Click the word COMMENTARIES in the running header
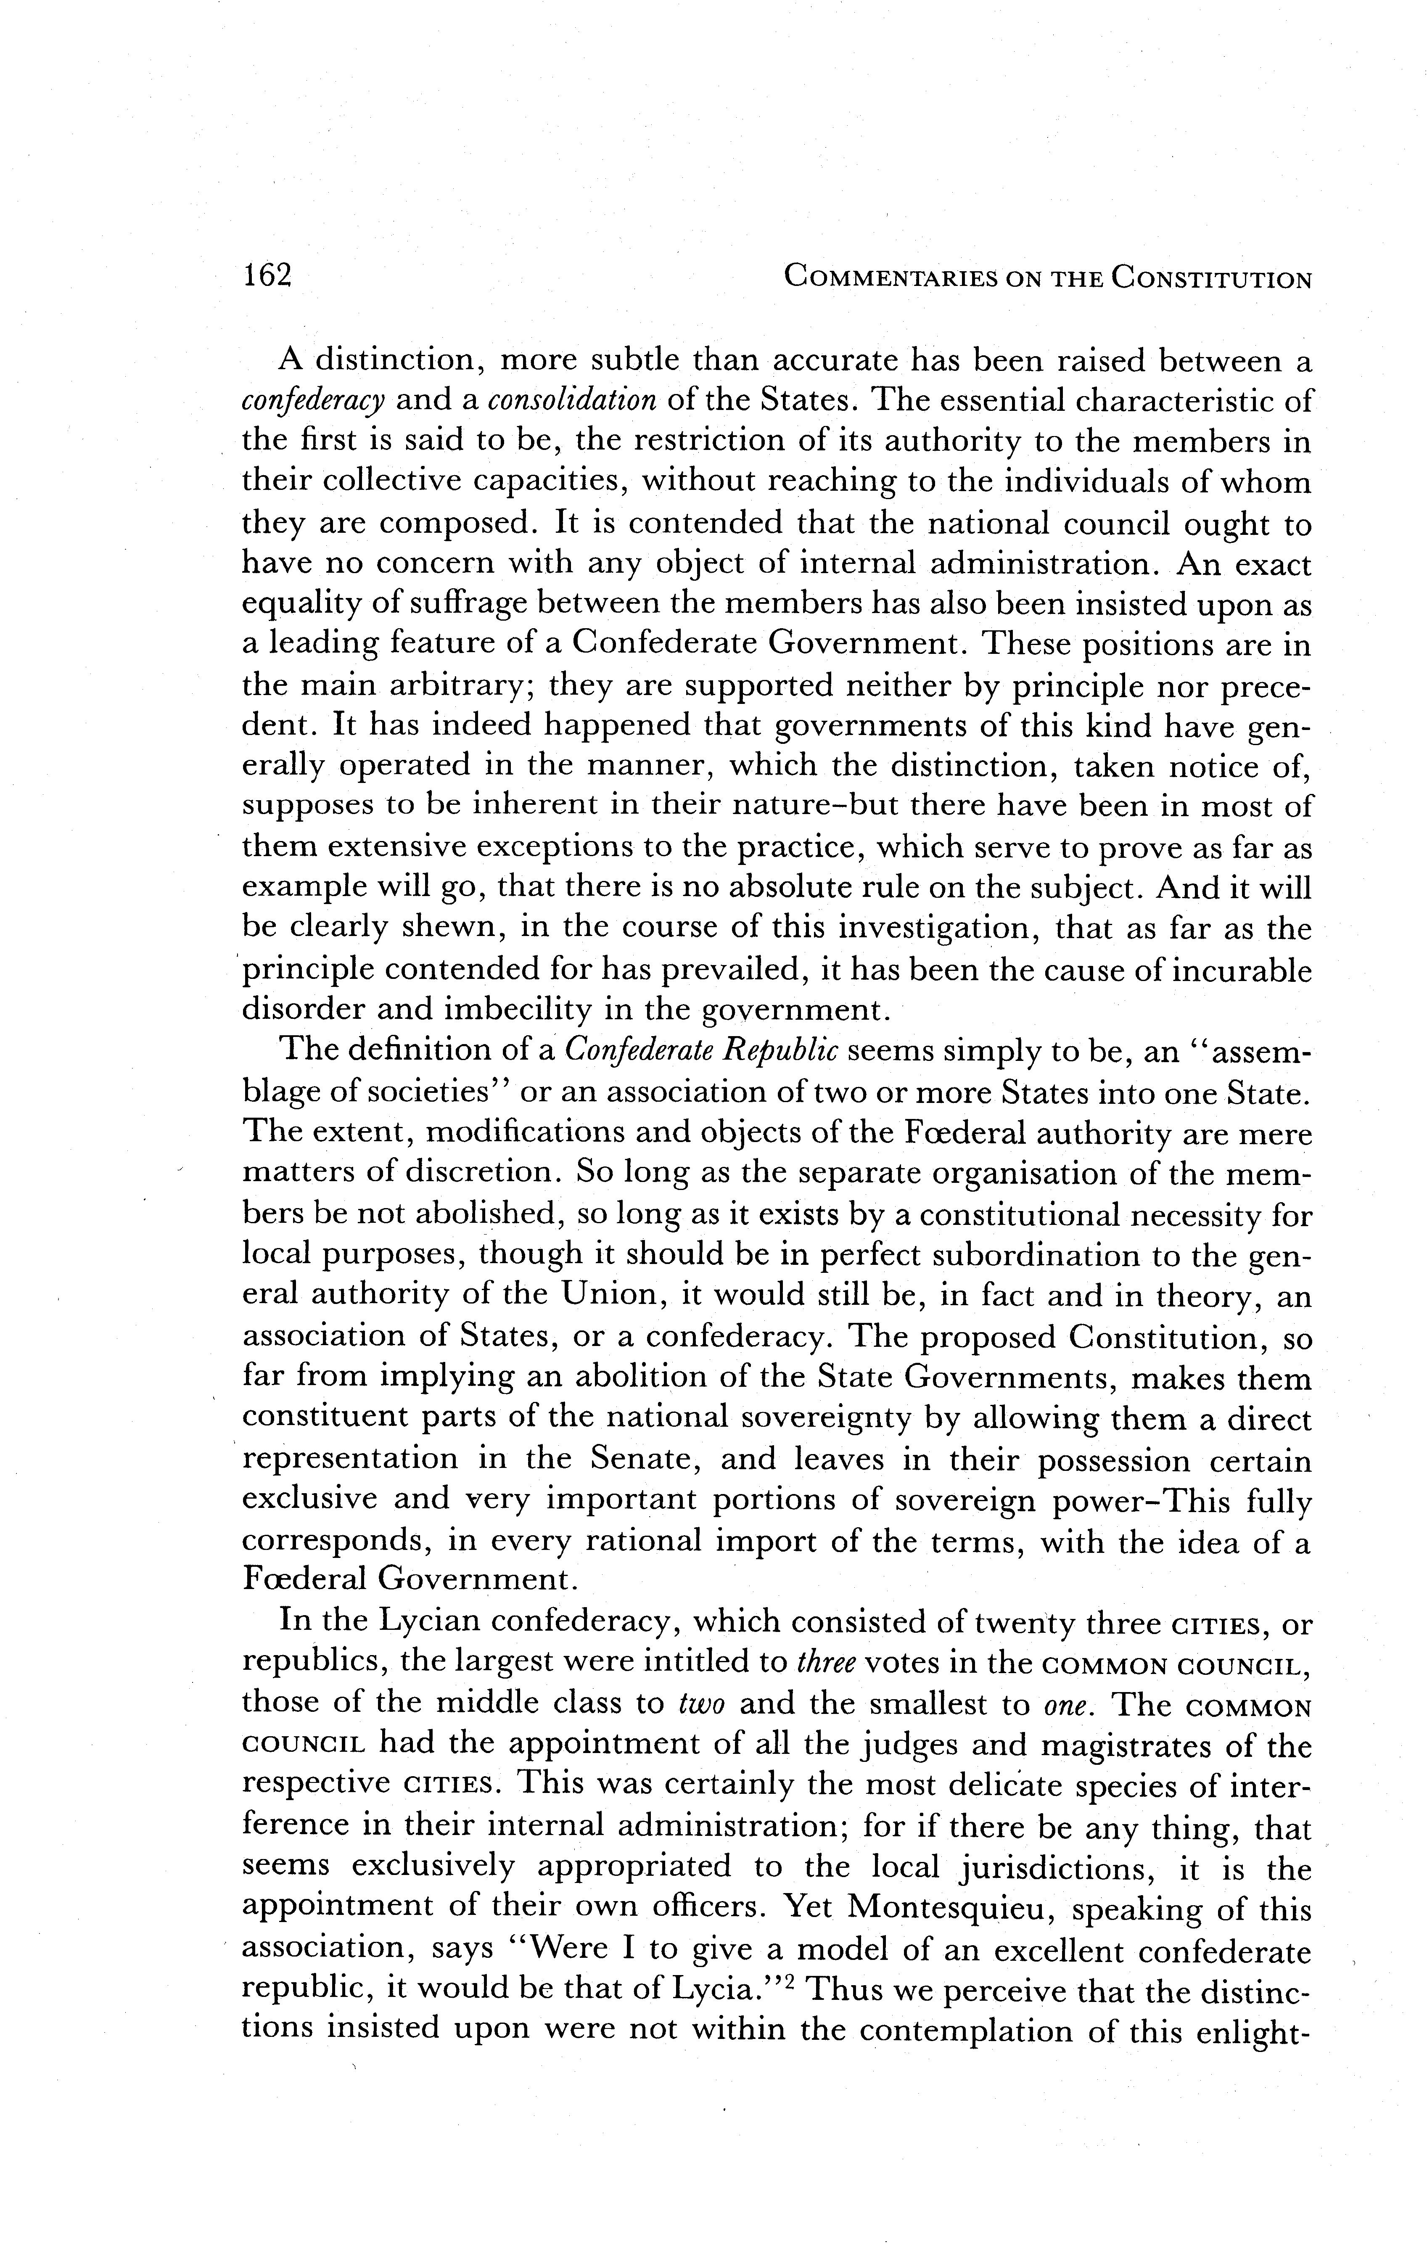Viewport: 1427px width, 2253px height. click(x=889, y=278)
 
